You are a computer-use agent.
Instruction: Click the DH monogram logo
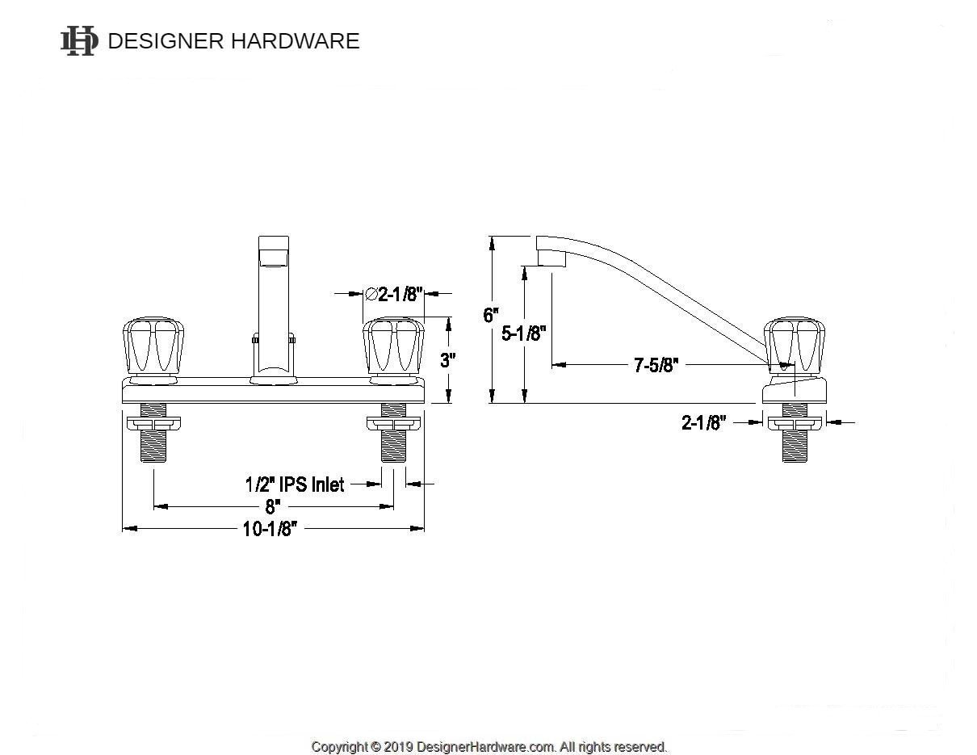pyautogui.click(x=79, y=40)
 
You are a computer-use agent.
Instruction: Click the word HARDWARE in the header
pyautogui.click(x=296, y=41)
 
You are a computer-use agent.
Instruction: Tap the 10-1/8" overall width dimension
pyautogui.click(x=273, y=529)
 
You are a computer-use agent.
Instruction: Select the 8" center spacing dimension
pyautogui.click(x=272, y=506)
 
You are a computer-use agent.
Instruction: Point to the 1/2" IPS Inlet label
pyautogui.click(x=295, y=484)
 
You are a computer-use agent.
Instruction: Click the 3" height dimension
pyautogui.click(x=448, y=360)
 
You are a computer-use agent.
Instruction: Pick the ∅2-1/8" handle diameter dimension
pyautogui.click(x=394, y=294)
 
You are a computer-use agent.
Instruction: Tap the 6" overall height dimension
pyautogui.click(x=491, y=315)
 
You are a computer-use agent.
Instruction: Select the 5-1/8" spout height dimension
pyautogui.click(x=524, y=333)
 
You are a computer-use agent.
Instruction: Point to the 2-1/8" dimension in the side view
pyautogui.click(x=704, y=422)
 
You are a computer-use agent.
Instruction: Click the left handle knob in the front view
pyautogui.click(x=152, y=346)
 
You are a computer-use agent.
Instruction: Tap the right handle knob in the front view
pyautogui.click(x=393, y=346)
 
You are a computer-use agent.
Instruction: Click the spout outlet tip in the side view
pyautogui.click(x=551, y=258)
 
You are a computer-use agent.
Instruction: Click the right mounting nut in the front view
pyautogui.click(x=393, y=423)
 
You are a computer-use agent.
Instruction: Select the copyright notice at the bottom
pyautogui.click(x=489, y=747)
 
